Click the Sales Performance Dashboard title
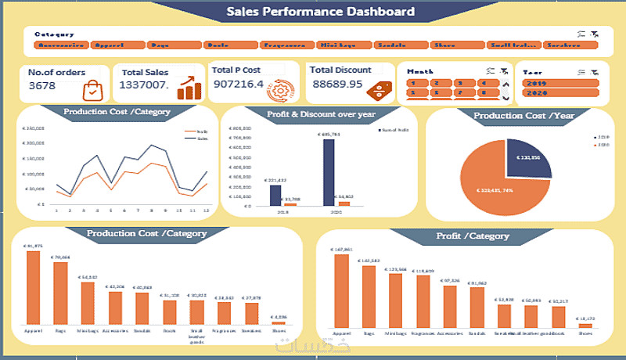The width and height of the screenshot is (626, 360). point(320,12)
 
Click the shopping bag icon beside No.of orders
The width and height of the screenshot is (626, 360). point(92,88)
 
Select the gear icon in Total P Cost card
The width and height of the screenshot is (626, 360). point(278,88)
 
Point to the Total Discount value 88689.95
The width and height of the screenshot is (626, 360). point(337,84)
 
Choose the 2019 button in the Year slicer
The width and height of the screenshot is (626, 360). point(564,83)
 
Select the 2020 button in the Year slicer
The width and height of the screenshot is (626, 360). point(564,94)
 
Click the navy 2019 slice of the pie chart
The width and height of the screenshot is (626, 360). point(528,157)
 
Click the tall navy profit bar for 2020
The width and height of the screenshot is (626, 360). point(329,172)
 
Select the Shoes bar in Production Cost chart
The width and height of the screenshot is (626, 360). point(277,321)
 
